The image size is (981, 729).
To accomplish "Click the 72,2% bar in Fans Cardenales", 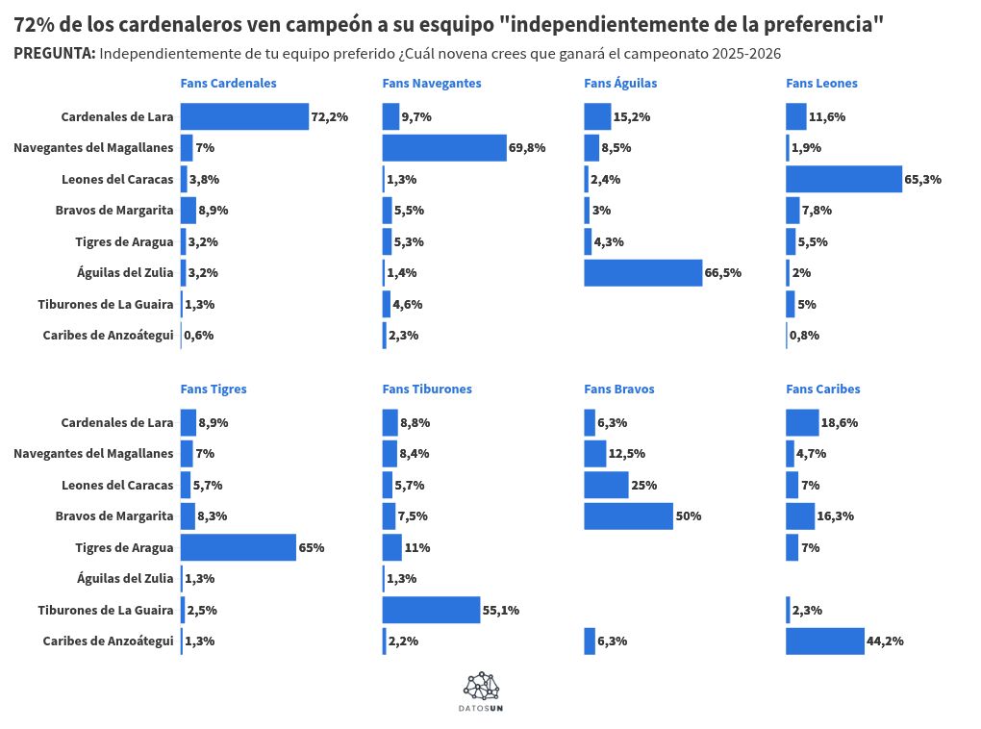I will pos(244,116).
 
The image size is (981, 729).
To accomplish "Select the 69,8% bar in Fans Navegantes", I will pos(443,148).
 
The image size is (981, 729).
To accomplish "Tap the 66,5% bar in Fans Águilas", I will pos(642,273).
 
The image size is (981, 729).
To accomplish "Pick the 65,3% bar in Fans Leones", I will pos(843,179).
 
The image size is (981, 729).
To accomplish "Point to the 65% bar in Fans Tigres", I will pos(238,547).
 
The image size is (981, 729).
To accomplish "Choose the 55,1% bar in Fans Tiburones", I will pos(431,610).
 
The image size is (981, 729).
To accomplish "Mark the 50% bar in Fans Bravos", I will pos(628,515).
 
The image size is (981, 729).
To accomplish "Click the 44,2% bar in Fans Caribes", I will pos(825,641).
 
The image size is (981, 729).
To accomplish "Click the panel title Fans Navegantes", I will pos(432,84).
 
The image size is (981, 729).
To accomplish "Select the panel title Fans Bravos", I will pos(618,390).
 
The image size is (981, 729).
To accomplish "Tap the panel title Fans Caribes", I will pos(822,390).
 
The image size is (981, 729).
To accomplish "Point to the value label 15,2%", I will pos(632,117).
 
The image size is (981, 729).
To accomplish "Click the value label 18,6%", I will pos(839,422).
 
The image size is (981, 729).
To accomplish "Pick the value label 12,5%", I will pos(627,454).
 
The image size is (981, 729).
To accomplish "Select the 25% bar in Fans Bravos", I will pos(606,485).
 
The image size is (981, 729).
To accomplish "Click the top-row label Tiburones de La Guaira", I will pos(106,305).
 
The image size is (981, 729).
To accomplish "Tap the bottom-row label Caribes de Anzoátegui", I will pos(108,641).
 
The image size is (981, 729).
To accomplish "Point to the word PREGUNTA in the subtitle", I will pos(54,54).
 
